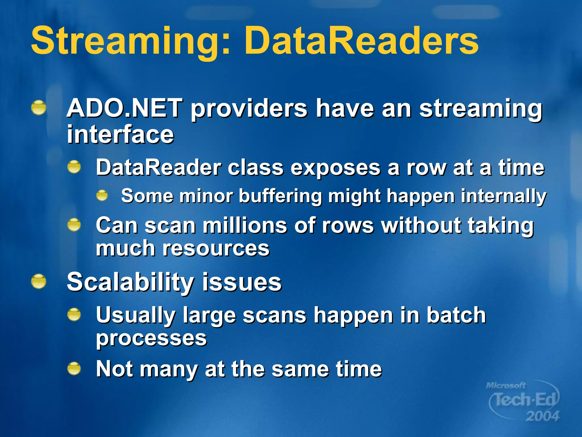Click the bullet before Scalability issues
click(39, 282)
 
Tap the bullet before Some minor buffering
click(102, 196)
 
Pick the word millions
click(244, 225)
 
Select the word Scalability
click(130, 282)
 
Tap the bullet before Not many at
click(74, 368)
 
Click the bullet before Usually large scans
click(74, 315)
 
